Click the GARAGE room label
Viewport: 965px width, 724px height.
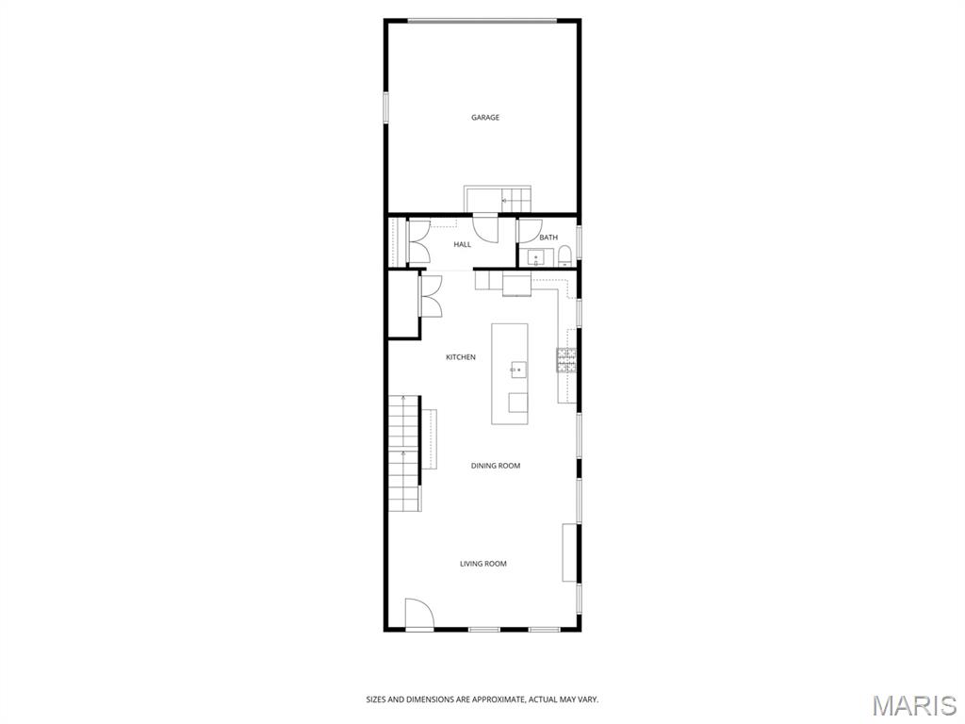click(x=485, y=118)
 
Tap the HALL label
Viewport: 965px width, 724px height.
click(x=462, y=245)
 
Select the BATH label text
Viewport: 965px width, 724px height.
click(x=548, y=238)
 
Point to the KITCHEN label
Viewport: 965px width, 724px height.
click(x=461, y=357)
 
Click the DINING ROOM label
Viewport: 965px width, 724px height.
click(x=496, y=466)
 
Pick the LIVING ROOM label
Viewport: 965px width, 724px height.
click(x=483, y=564)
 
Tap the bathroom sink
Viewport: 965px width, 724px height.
click(x=536, y=257)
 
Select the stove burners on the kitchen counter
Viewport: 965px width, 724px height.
click(x=566, y=361)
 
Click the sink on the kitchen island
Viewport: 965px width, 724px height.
click(x=518, y=370)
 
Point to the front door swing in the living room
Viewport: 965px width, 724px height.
click(x=418, y=614)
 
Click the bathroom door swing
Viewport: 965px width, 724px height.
click(x=526, y=230)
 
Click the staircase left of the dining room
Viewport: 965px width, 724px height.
click(x=403, y=452)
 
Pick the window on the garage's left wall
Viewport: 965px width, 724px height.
click(x=385, y=106)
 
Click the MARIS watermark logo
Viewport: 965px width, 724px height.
click(x=914, y=704)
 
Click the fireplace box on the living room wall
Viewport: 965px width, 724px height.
click(x=569, y=552)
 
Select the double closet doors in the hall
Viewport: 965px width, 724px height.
click(x=418, y=242)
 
